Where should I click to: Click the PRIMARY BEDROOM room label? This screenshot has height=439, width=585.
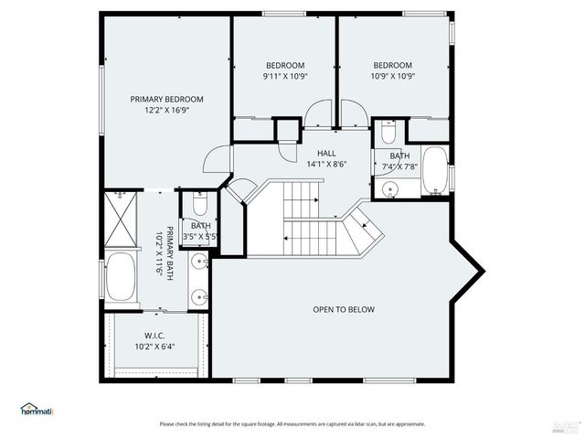166,99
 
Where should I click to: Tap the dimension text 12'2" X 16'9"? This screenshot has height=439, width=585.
166,111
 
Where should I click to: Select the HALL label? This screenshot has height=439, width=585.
326,154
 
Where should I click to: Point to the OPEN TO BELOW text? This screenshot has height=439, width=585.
344,310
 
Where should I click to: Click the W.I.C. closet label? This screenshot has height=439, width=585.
154,335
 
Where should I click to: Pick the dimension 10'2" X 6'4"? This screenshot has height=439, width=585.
154,347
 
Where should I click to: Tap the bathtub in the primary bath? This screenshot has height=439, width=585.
121,278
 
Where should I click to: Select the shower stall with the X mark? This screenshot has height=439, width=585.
119,219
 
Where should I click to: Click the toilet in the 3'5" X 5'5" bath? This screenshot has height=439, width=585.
201,203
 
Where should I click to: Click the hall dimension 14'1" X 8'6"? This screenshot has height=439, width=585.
326,166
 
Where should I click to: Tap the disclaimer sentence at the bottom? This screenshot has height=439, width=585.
292,424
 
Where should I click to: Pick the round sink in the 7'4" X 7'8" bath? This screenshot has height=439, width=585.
391,190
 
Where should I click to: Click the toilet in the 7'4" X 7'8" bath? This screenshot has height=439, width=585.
388,135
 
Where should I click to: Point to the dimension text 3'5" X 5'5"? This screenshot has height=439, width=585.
200,237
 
